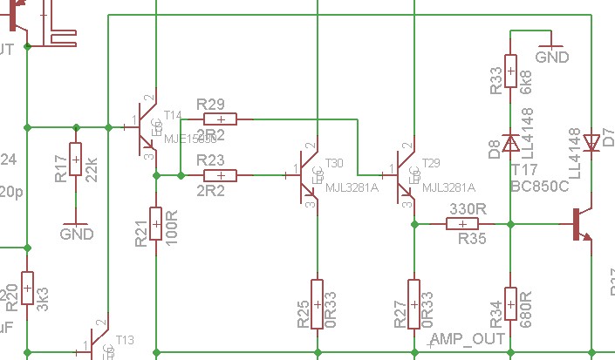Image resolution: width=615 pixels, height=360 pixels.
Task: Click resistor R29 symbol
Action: tap(221, 119)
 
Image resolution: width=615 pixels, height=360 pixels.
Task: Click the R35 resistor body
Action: tap(461, 224)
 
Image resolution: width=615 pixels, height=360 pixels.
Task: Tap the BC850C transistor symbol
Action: tap(579, 224)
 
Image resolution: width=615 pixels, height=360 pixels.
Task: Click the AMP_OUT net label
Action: tap(468, 338)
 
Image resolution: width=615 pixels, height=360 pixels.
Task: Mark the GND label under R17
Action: tap(76, 234)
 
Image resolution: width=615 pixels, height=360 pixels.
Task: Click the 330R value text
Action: tap(468, 210)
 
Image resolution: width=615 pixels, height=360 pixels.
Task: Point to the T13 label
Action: tap(126, 340)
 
